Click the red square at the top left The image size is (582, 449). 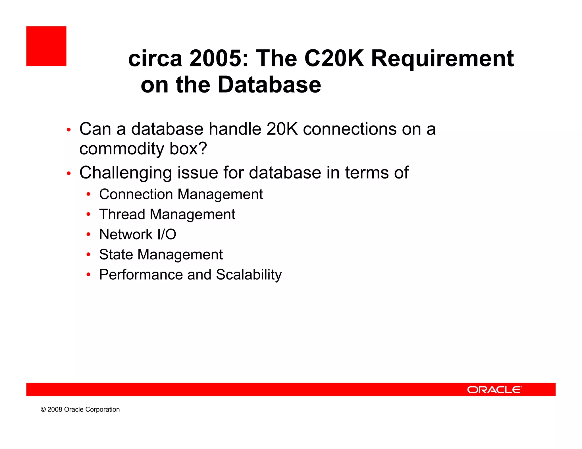coord(46,46)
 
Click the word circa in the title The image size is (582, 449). coord(155,58)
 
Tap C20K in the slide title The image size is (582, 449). coord(334,58)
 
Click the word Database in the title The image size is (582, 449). coord(269,85)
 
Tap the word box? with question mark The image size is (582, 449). coord(188,149)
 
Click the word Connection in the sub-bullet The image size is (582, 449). coord(136,194)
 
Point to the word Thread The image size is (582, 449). coord(122,214)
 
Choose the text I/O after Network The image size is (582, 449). coord(167,234)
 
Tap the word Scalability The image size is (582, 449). coord(249,275)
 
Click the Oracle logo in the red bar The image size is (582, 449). coord(494,390)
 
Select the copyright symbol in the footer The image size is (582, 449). coord(43,410)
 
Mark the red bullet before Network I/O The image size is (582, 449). coord(88,234)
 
